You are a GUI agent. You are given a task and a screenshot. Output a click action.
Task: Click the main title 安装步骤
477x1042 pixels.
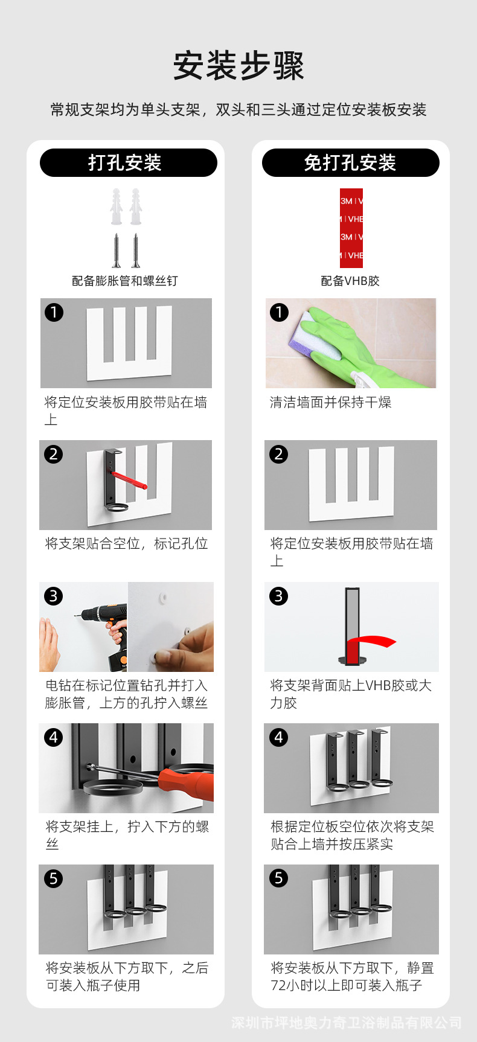pos(238,66)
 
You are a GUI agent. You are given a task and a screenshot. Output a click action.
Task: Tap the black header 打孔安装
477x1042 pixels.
pos(129,162)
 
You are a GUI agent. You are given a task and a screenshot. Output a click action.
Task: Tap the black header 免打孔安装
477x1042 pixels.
pos(351,162)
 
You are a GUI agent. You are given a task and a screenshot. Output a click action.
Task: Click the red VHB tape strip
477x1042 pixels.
pos(351,228)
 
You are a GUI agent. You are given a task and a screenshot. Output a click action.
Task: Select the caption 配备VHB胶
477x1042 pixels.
pos(350,281)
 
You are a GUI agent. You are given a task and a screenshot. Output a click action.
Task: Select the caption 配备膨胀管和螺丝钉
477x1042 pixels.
pos(125,281)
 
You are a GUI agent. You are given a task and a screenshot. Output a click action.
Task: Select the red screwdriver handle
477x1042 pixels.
pos(187,783)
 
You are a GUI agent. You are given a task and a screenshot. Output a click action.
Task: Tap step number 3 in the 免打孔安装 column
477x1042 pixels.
pos(278,596)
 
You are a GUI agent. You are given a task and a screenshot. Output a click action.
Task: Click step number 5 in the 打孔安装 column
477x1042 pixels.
pos(53,878)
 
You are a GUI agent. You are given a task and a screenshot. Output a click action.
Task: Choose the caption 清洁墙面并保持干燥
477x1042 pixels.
pos(331,402)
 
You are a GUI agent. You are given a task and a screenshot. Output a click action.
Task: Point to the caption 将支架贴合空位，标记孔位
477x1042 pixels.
pos(127,543)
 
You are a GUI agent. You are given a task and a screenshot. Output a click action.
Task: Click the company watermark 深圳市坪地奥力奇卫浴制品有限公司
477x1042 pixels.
pos(347,1023)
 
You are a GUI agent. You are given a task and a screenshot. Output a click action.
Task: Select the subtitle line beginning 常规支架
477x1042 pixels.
pos(238,109)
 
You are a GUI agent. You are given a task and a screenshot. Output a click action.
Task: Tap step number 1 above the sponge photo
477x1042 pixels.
pos(278,312)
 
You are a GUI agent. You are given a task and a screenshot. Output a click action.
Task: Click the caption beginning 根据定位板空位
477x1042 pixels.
pos(353,835)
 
